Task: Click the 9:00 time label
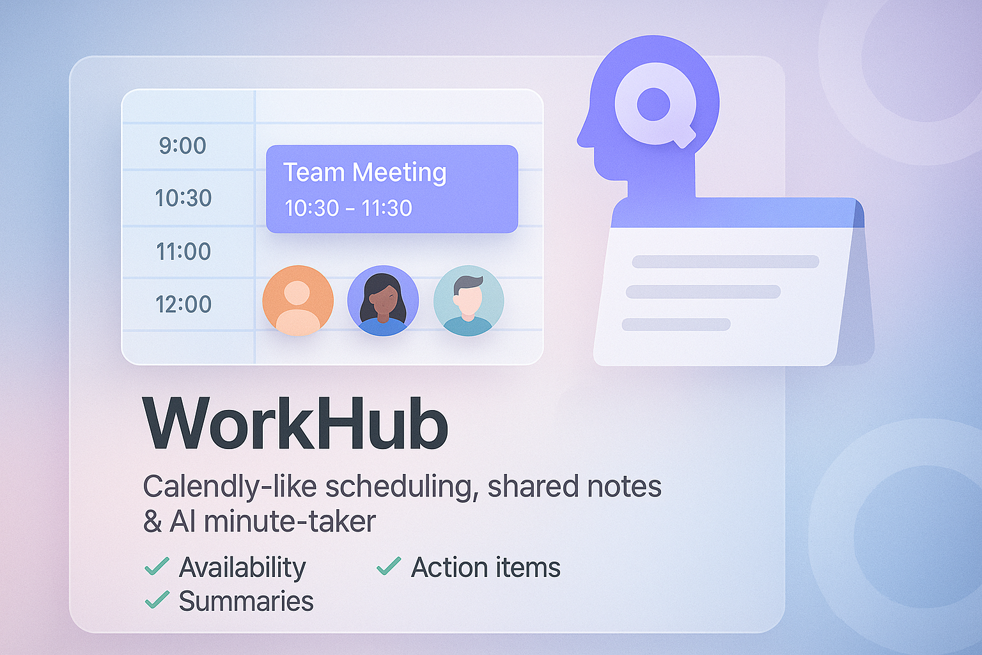(182, 146)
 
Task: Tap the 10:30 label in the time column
(183, 198)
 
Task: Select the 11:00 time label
(183, 251)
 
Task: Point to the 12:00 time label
(183, 304)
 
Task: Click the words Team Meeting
(364, 173)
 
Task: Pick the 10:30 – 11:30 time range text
(348, 208)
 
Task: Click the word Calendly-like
(230, 487)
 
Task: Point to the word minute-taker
(290, 522)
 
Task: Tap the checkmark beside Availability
(157, 566)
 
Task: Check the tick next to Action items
(389, 566)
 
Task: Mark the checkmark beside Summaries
(157, 600)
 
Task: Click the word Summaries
(246, 601)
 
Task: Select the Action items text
(485, 567)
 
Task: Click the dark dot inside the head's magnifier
(653, 104)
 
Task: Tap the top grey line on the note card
(725, 262)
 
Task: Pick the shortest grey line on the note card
(676, 324)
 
